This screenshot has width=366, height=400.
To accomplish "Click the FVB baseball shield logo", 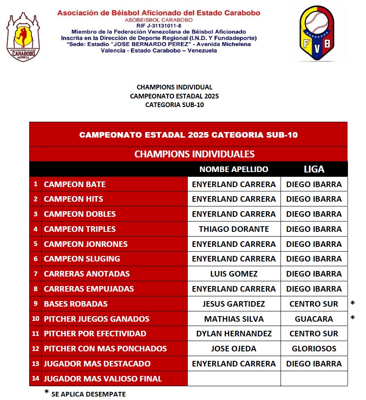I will click(x=317, y=33).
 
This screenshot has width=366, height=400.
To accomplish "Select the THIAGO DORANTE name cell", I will click(x=234, y=229).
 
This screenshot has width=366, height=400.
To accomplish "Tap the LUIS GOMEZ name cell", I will click(x=234, y=274).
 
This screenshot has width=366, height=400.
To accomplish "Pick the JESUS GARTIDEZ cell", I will click(x=234, y=304).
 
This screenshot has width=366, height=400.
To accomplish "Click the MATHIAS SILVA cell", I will click(x=234, y=319).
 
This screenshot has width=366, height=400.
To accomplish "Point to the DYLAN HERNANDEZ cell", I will click(x=234, y=334).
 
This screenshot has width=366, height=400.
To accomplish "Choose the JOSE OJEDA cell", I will click(x=234, y=349).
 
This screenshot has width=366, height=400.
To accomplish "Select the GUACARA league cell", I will click(x=314, y=319).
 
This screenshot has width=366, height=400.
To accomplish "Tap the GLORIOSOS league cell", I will click(x=314, y=349).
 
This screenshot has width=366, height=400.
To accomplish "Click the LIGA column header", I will click(x=314, y=169).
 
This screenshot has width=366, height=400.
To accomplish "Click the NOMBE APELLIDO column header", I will click(x=234, y=169).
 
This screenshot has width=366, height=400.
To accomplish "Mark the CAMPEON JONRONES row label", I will click(x=86, y=244).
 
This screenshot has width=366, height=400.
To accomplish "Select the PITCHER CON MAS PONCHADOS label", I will click(x=105, y=349).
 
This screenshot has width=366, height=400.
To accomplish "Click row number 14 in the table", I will click(x=35, y=379).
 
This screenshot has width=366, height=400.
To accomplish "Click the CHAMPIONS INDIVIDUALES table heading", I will click(x=194, y=154).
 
